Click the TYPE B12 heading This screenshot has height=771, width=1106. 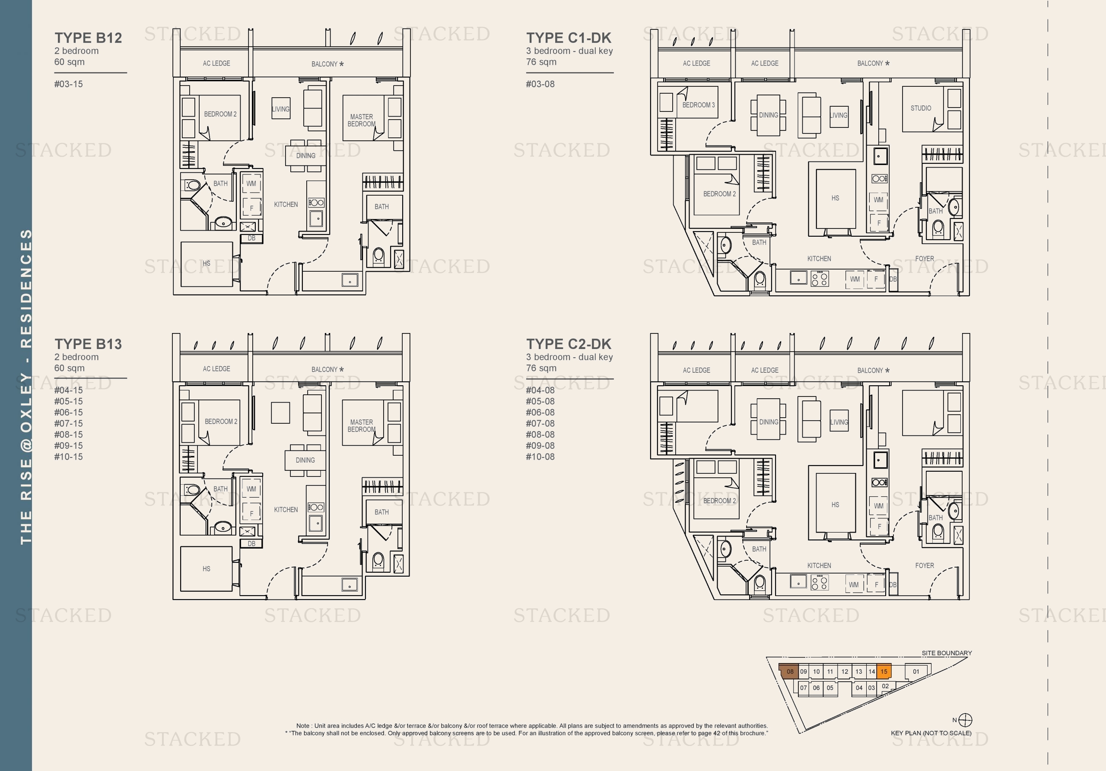point(88,38)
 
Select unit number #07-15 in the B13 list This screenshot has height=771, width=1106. point(68,423)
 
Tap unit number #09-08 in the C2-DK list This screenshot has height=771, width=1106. point(540,445)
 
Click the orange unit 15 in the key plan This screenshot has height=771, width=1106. point(884,671)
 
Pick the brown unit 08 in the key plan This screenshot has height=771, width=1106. point(789,671)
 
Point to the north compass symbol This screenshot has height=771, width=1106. point(965,720)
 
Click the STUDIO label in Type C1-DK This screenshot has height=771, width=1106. point(921,108)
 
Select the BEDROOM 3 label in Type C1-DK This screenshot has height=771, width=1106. point(698,105)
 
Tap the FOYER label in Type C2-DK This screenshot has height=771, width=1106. point(924,565)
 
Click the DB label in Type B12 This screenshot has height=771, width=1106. point(251,238)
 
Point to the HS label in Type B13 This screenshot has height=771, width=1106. point(206,569)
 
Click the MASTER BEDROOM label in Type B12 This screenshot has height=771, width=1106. point(361,121)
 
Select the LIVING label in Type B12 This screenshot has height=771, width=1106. point(280,109)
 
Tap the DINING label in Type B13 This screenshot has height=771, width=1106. point(305,460)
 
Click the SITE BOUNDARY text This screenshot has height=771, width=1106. point(947,653)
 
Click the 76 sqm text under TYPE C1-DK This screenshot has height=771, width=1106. point(541,62)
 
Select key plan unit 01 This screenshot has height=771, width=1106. point(916,671)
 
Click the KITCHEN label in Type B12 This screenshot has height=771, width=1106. point(286,205)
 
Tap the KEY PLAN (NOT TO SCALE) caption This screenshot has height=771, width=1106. point(931,733)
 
